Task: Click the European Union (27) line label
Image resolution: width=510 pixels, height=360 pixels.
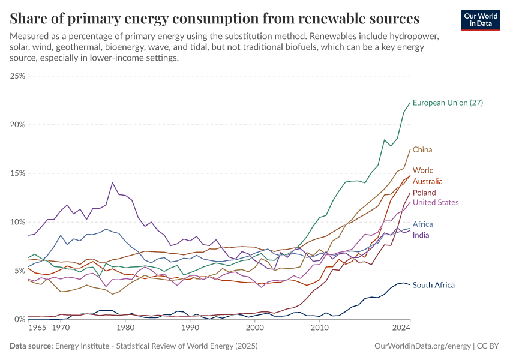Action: (448, 103)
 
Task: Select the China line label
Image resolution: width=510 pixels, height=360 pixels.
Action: (422, 149)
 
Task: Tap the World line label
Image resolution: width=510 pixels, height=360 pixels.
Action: (423, 170)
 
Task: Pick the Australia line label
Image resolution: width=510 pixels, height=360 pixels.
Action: (428, 181)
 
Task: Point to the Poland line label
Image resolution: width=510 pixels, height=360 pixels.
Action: (424, 193)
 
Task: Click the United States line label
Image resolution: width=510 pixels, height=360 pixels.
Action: (436, 203)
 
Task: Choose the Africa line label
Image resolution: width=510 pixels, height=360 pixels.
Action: (422, 224)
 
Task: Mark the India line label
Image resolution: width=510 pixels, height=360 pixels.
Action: (421, 235)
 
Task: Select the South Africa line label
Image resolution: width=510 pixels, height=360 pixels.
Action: (434, 285)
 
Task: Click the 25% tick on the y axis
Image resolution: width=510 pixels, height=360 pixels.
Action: (17, 76)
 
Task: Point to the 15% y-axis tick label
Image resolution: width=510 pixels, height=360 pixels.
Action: (17, 173)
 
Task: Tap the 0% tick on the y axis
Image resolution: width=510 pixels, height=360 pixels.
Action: (20, 319)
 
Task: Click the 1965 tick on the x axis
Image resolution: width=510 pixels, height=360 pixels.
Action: (37, 329)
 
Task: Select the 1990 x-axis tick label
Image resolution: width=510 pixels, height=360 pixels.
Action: (190, 329)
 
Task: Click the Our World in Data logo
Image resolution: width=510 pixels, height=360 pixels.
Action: (481, 20)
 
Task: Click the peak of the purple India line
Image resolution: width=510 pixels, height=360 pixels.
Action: (112, 182)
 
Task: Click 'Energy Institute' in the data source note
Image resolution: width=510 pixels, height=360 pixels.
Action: (83, 346)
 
